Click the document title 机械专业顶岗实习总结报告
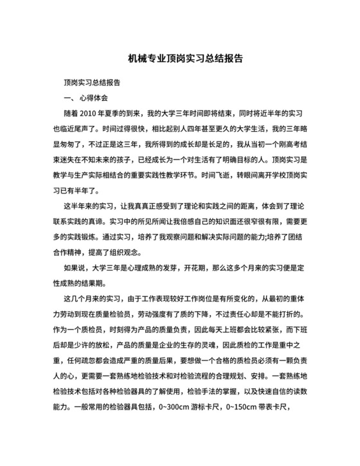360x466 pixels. tap(180, 58)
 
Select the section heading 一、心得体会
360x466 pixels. tap(85, 97)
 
